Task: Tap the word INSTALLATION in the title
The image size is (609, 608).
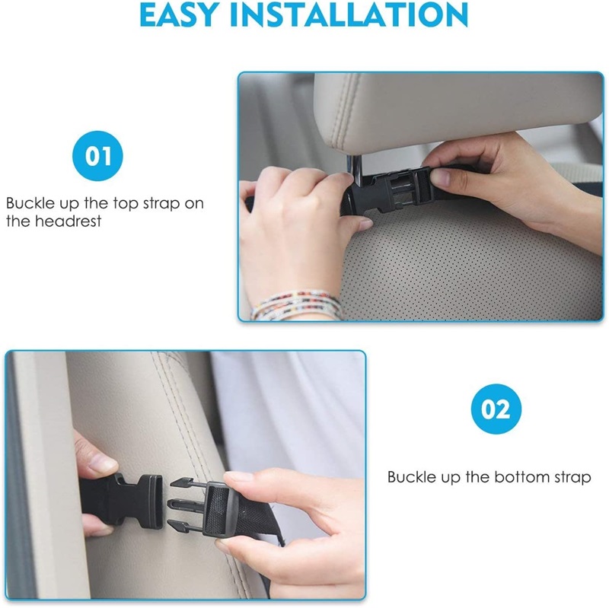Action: coord(349,14)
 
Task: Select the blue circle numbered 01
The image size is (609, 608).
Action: coord(97,156)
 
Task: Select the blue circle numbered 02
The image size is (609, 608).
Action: coord(496,409)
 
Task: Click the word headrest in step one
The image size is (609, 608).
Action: coord(69,221)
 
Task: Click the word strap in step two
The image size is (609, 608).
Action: coord(572,478)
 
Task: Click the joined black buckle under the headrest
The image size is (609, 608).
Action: coord(391,190)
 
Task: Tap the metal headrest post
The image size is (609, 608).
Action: coord(356,167)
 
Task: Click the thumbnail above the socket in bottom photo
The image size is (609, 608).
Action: coord(102,463)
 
